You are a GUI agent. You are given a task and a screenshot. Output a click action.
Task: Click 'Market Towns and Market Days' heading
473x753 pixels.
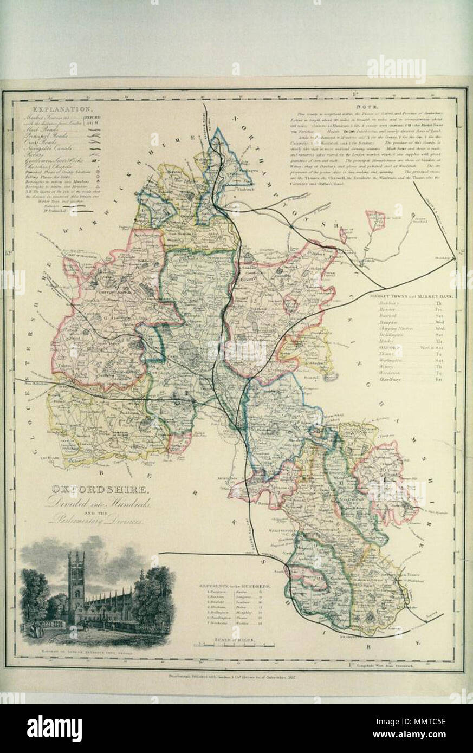411,297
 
